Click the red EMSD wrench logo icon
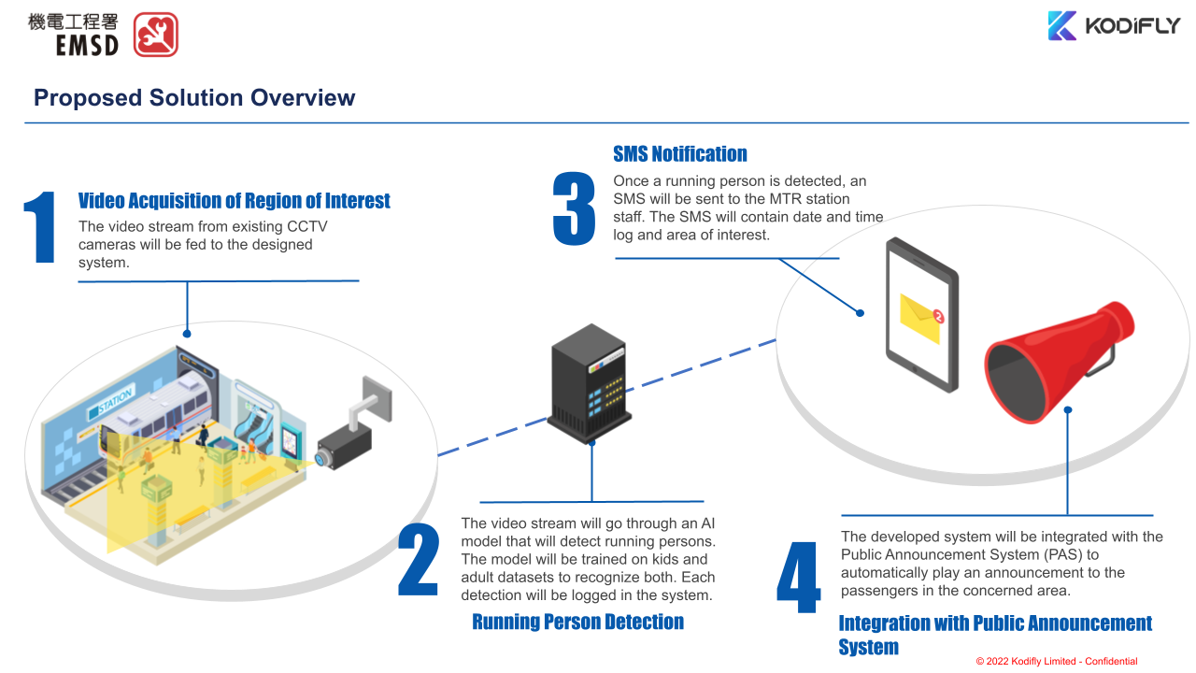click(155, 35)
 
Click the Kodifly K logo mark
click(1061, 26)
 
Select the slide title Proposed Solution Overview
click(194, 98)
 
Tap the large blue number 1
click(40, 227)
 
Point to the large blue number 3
click(574, 208)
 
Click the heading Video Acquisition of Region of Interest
click(234, 201)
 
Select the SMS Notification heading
click(679, 154)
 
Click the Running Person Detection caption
click(577, 622)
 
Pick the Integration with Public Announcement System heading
click(994, 635)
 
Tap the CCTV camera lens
click(323, 457)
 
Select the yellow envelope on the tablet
click(919, 319)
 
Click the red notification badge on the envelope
click(938, 318)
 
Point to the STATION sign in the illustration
click(111, 401)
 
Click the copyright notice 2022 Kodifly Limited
click(1057, 661)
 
